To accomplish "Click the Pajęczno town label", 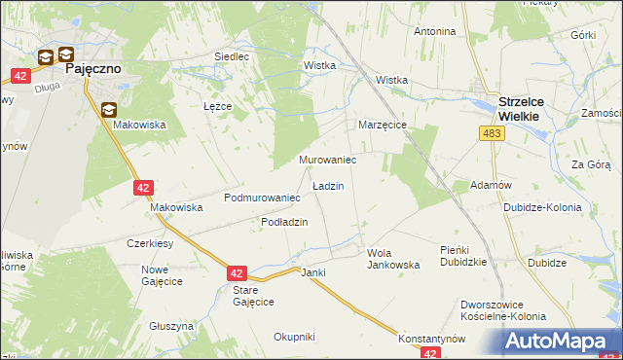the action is pyautogui.click(x=92, y=70).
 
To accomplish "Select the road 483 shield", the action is pyautogui.click(x=492, y=132).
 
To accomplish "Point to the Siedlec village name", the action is pyautogui.click(x=232, y=56).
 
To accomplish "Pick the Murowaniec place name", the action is pyautogui.click(x=326, y=159).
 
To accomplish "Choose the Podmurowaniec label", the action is pyautogui.click(x=261, y=198).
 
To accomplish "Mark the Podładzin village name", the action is pyautogui.click(x=284, y=222).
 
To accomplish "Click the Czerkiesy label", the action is pyautogui.click(x=150, y=243).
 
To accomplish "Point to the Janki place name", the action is pyautogui.click(x=312, y=272).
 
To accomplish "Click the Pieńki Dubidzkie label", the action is pyautogui.click(x=462, y=256).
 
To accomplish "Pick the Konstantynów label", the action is pyautogui.click(x=432, y=339).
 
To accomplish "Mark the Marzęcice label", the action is pyautogui.click(x=382, y=126).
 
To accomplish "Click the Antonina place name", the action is pyautogui.click(x=434, y=31).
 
